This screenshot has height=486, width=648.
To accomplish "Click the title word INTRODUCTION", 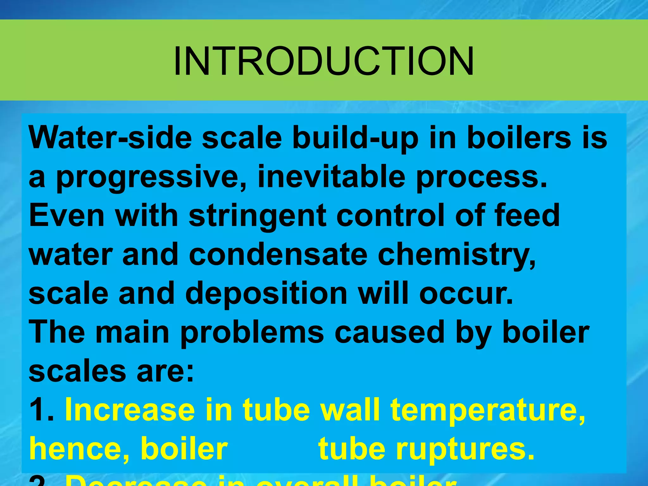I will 323,61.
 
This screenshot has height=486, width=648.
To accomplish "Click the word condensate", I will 278,254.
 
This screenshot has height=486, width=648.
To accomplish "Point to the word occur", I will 465,294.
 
